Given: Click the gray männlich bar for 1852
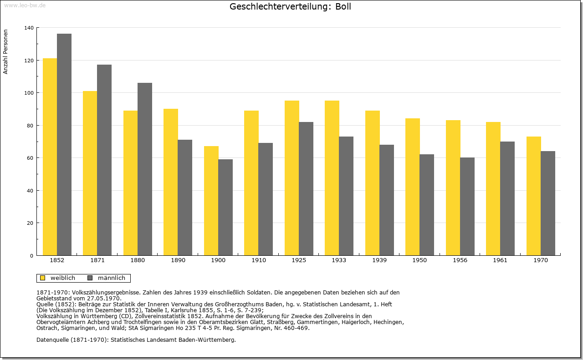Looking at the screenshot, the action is (x=64, y=145).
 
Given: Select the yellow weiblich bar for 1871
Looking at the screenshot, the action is (x=90, y=173).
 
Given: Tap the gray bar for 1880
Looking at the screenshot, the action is (x=145, y=169).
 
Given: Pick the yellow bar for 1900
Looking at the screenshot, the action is (x=211, y=201).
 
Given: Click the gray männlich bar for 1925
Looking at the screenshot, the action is (x=306, y=189).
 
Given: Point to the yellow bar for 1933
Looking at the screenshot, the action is (x=332, y=178).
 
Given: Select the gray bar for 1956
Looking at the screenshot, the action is (x=467, y=207).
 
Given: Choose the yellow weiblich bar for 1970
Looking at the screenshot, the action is (x=533, y=196).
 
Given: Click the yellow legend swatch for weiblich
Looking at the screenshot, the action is (x=43, y=278).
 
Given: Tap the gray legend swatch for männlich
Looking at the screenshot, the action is (x=90, y=278).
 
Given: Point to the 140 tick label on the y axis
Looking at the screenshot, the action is (x=29, y=28).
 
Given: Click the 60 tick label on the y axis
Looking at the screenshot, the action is (x=31, y=158).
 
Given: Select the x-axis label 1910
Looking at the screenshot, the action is (x=259, y=260).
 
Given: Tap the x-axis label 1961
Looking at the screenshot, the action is (x=500, y=260).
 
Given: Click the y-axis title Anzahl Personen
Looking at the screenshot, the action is (x=5, y=52).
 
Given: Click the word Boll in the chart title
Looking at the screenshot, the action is (x=343, y=6).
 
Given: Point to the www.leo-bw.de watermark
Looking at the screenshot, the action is (x=25, y=5).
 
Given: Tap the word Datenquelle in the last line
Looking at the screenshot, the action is (x=52, y=340).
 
